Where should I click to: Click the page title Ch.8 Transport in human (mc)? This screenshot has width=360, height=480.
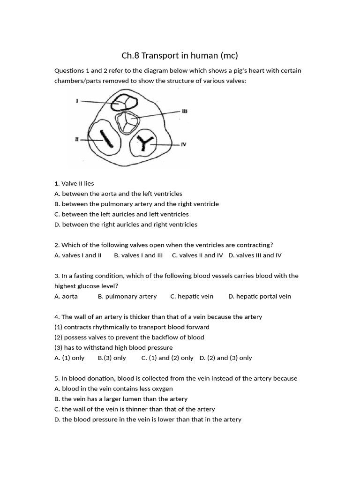point(180,56)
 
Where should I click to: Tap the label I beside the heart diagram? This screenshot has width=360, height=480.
point(76,101)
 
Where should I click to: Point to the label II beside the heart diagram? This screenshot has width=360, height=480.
point(76,139)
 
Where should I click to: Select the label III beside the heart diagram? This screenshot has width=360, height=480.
point(184,111)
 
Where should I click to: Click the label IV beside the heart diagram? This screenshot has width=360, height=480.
point(184,144)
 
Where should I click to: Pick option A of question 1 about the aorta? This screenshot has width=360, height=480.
point(118,194)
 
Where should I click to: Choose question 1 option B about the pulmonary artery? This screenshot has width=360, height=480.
point(136,204)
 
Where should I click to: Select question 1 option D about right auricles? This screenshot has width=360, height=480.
point(126,225)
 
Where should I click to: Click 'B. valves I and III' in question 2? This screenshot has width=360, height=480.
point(138,255)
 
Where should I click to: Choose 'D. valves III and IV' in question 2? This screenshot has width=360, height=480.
point(255,255)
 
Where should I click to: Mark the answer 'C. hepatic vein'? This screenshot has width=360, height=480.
point(192,296)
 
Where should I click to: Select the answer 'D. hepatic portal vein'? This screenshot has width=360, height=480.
point(260,296)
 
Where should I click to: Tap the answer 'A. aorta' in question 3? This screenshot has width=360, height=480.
point(66,296)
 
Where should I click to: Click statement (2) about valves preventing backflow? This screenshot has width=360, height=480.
point(129,337)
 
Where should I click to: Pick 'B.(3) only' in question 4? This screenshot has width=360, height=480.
point(112,358)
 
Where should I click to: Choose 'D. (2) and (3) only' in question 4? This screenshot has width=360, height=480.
point(225,358)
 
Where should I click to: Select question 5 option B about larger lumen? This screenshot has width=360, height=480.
point(121,399)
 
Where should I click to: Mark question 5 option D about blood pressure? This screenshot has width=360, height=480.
point(148,420)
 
